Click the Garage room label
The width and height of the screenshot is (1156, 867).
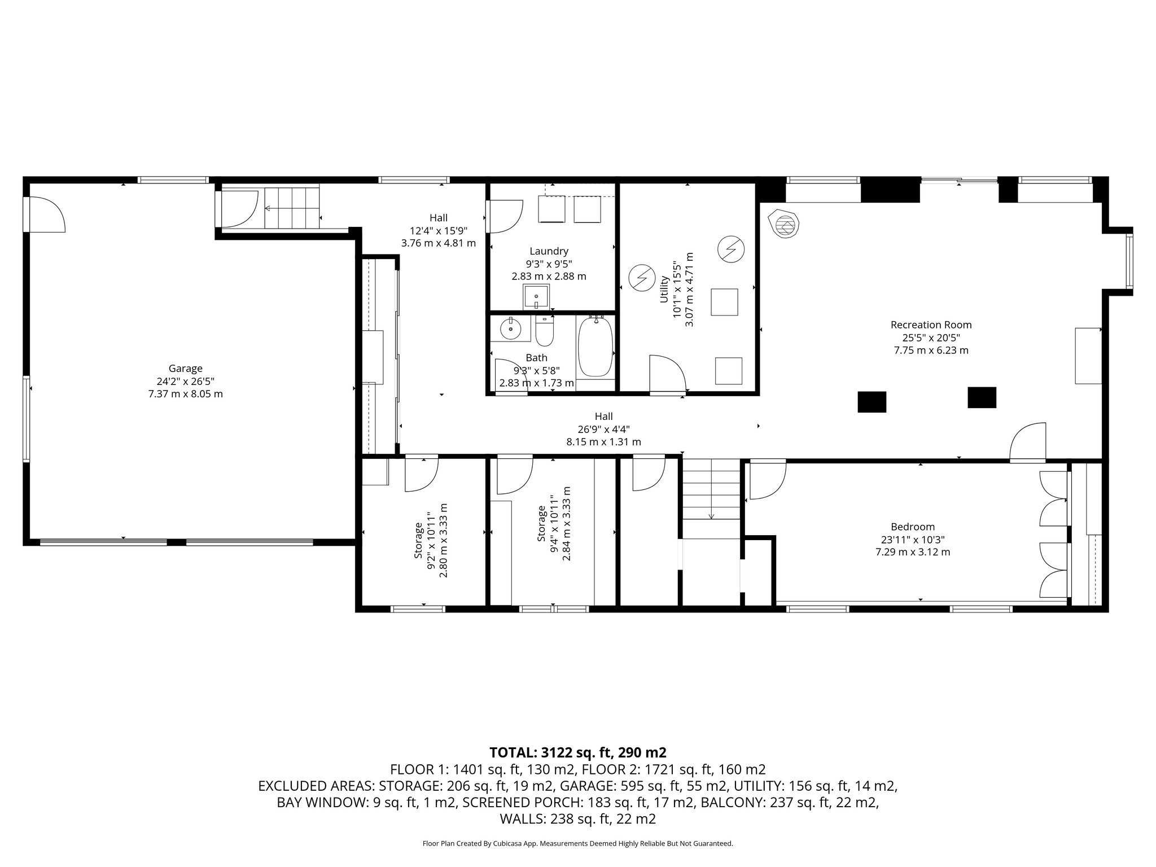(185, 369)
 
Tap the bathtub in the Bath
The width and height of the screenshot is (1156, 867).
(595, 348)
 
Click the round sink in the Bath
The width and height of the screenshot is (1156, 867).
(511, 328)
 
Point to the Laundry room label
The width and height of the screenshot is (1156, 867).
(549, 251)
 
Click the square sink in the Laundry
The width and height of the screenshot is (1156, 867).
(535, 297)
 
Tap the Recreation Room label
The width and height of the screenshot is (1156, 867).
(931, 325)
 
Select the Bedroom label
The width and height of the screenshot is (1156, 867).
(913, 527)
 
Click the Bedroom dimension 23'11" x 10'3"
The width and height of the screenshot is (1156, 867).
(913, 539)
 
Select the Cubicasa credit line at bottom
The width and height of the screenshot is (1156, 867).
(577, 843)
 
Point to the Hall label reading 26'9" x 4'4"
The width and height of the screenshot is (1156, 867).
(603, 429)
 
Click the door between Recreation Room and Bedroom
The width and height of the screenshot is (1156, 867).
(1027, 442)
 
